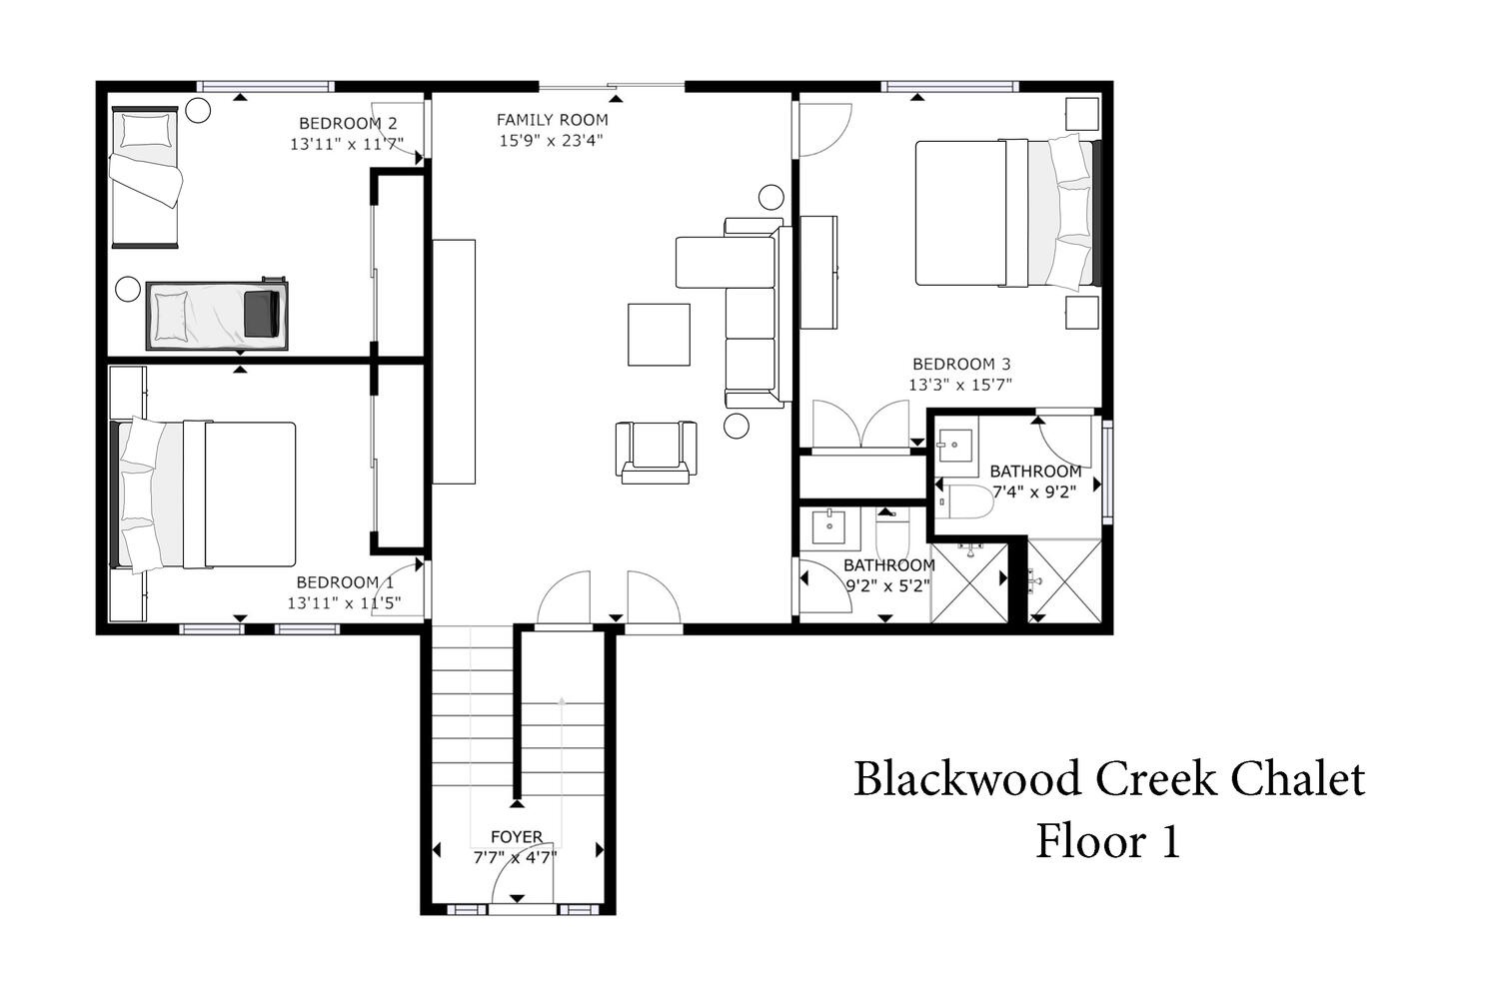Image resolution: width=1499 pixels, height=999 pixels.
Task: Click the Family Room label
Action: (552, 120)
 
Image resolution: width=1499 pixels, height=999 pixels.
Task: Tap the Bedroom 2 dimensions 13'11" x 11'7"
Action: (347, 144)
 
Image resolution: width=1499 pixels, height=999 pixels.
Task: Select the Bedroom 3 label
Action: (961, 364)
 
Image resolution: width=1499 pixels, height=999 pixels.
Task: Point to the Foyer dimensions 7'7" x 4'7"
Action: (516, 857)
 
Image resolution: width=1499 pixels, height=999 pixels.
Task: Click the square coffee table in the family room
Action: (659, 335)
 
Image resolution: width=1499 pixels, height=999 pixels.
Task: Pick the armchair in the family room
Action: (656, 453)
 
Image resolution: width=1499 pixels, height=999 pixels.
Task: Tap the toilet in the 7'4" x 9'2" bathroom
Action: (964, 501)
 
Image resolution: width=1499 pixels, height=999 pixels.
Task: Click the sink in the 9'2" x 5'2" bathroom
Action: (829, 527)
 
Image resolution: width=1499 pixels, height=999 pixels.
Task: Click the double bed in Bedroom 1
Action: (203, 495)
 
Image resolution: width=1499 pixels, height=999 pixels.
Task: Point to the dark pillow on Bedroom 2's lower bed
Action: (262, 314)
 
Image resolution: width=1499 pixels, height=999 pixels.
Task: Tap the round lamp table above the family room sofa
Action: (770, 197)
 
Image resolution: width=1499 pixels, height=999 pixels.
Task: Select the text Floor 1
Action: (1107, 840)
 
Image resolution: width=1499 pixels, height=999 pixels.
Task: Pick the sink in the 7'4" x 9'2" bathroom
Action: (955, 445)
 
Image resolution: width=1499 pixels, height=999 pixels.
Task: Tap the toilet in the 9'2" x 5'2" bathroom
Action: (892, 533)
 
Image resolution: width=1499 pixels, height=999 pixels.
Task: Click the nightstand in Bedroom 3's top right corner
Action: (1082, 114)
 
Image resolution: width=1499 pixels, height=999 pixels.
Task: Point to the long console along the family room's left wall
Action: (454, 362)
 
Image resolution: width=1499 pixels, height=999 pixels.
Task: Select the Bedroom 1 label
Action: (346, 582)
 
